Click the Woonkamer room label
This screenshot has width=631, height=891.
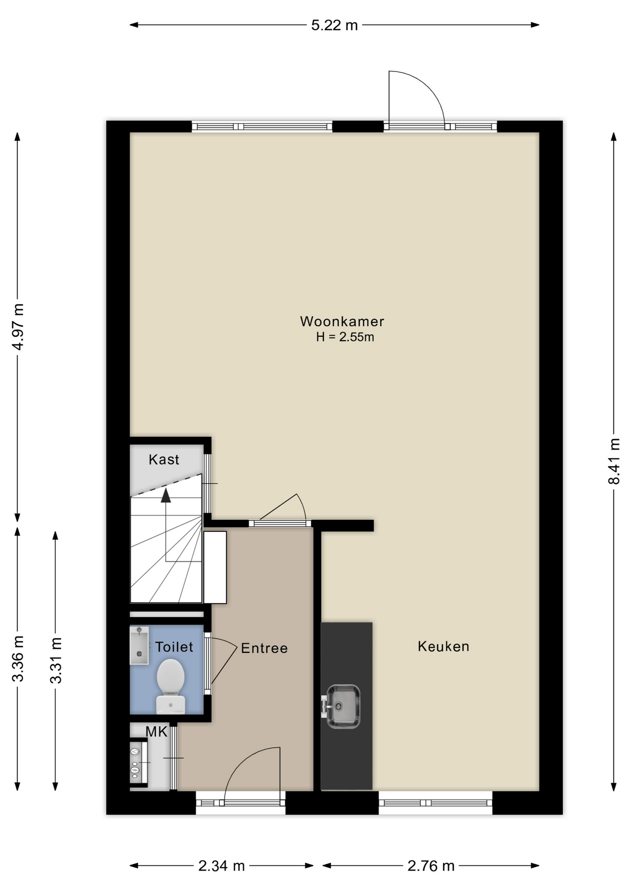point(342,321)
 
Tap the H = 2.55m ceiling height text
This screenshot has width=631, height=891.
point(345,337)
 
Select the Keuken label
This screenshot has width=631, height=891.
point(443,646)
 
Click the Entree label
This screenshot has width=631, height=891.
point(264,648)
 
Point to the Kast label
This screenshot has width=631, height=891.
point(164,459)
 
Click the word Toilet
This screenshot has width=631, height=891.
point(174,647)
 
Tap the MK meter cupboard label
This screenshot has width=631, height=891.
point(156,732)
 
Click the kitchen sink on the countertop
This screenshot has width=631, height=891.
point(343,706)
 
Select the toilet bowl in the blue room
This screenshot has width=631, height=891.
point(171,686)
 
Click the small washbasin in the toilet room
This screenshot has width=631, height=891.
point(139,646)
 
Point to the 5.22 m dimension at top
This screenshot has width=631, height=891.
point(335,25)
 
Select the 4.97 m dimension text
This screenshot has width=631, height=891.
point(18,327)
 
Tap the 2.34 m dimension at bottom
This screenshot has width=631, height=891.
point(222,866)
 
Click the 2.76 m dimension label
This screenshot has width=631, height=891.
point(431,866)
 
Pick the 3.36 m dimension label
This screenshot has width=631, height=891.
point(18,659)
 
